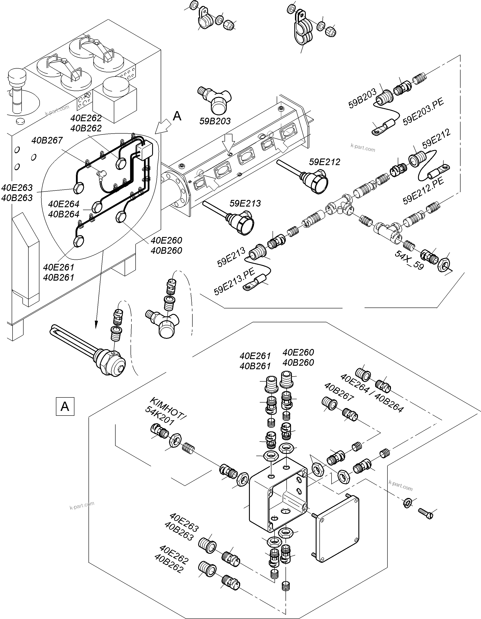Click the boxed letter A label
pyautogui.click(x=65, y=407)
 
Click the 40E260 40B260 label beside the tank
pyautogui.click(x=166, y=245)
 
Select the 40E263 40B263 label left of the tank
pyautogui.click(x=17, y=193)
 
